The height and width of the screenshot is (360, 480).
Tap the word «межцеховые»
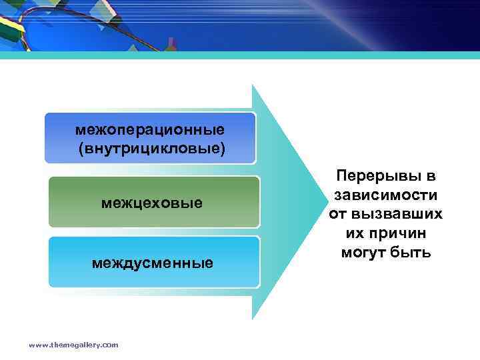[x=152, y=201]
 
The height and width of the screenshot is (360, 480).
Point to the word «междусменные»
[x=153, y=263]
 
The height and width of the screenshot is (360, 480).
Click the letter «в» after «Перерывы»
[x=429, y=177]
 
